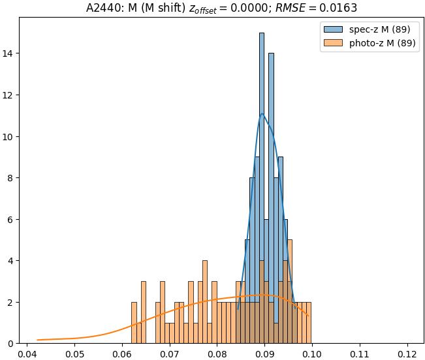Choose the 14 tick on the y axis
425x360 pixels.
pos(11,53)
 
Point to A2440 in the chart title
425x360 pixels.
pos(103,8)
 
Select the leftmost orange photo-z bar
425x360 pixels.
pos(134,323)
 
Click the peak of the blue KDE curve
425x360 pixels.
pos(262,114)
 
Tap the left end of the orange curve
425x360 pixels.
pos(38,340)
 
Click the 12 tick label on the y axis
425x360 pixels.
pos(11,95)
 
